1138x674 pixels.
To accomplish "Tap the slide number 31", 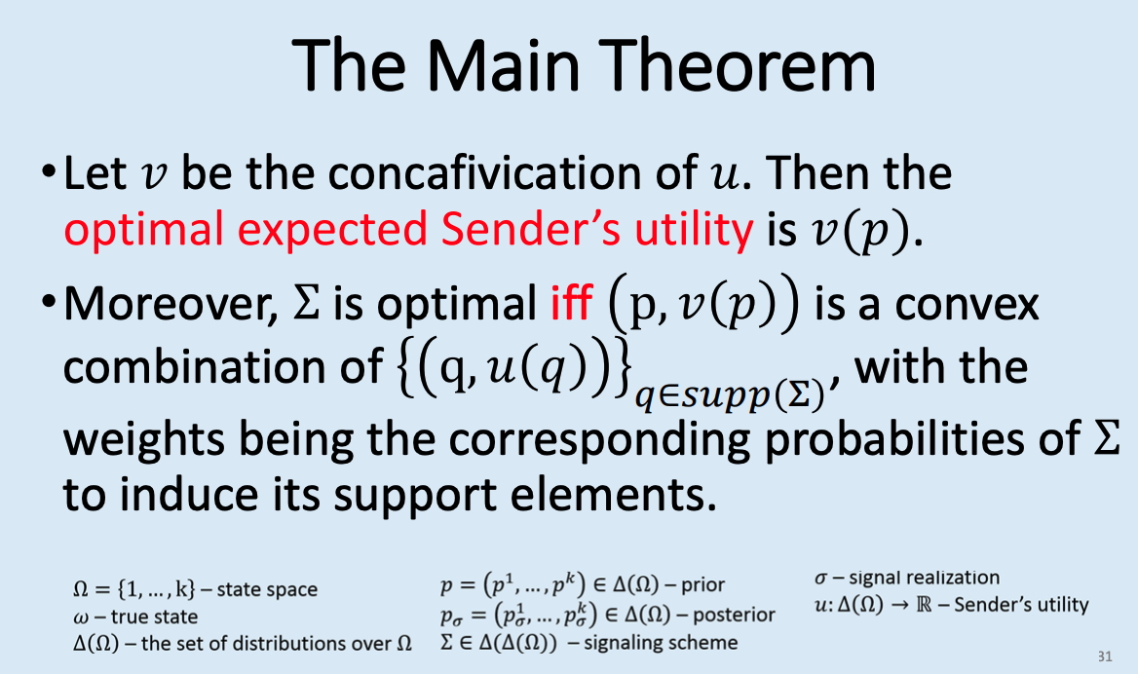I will pos(1104,655).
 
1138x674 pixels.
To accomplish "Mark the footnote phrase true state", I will pos(153,617).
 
